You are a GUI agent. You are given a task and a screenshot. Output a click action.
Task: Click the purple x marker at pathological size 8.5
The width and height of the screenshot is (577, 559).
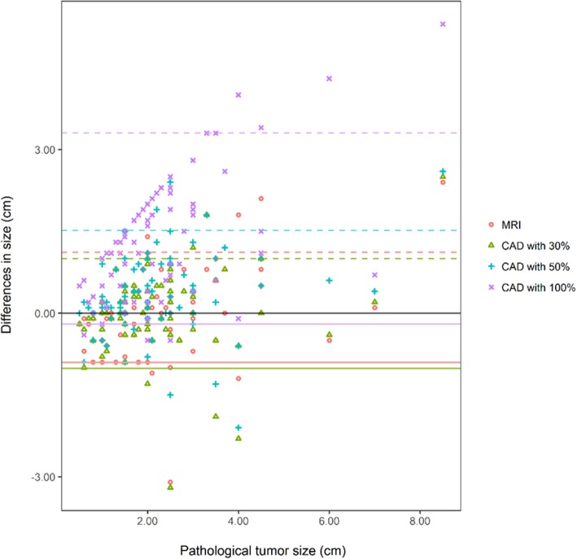click(443, 24)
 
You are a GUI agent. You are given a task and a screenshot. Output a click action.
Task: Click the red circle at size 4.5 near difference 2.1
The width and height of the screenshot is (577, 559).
click(261, 199)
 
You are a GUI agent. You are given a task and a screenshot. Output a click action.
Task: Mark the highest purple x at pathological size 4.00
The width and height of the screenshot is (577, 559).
click(238, 95)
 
